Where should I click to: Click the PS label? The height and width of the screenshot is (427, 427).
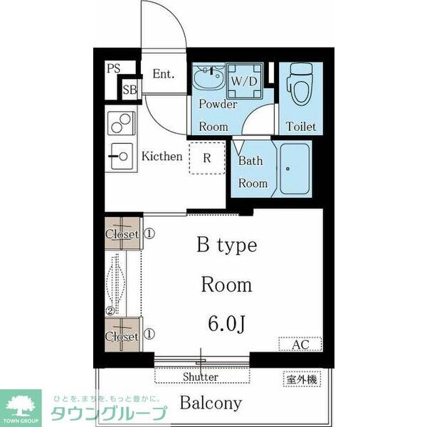[x=113, y=69]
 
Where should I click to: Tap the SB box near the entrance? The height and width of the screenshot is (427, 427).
[x=130, y=90]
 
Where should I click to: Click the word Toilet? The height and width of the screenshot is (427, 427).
[x=301, y=127]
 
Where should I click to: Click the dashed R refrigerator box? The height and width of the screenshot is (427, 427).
[x=206, y=159]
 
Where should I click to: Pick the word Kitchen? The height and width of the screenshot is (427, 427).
[x=162, y=156]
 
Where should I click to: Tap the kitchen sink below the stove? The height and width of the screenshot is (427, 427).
[x=121, y=154]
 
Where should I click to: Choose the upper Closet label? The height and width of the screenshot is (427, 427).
[x=122, y=233]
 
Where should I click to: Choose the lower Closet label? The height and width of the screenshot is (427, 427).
[x=122, y=336]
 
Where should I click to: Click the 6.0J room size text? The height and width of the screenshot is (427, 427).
[x=226, y=325]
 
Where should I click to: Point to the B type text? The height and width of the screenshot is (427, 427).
[x=226, y=246]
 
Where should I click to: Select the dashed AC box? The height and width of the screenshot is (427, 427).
[x=299, y=344]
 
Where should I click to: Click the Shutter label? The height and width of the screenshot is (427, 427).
[x=201, y=376]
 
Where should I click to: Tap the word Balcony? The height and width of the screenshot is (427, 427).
[x=210, y=403]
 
